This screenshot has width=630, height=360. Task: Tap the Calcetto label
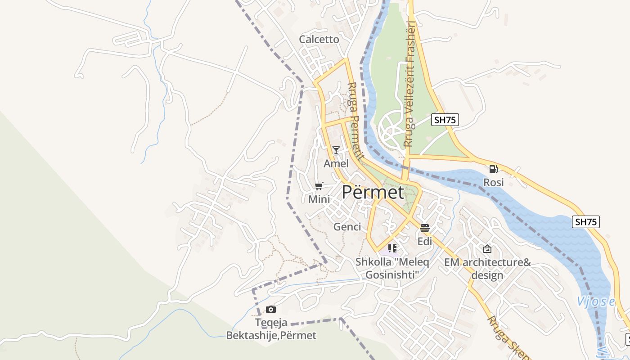pos(319,40)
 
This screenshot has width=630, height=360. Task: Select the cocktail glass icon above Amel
pos(336,150)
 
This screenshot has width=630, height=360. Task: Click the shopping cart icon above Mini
pos(319,186)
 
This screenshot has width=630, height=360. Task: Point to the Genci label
pos(347,227)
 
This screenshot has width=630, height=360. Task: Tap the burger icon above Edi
pos(425,228)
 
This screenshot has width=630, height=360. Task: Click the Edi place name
pos(425,242)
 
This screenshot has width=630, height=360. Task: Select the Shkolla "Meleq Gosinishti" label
pos(392,268)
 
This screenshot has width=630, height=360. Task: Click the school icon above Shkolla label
pos(392,248)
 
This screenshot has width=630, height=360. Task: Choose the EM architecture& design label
pos(487,269)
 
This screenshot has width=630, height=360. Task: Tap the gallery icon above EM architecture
pos(487,249)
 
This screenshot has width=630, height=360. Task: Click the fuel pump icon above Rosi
pos(493,169)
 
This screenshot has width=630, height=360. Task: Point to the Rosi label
pos(493,183)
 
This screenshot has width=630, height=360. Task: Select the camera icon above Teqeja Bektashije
pos(270,309)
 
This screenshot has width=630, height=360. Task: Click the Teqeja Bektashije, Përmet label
pos(271,329)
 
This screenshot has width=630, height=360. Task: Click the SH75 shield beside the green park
pos(445,120)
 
